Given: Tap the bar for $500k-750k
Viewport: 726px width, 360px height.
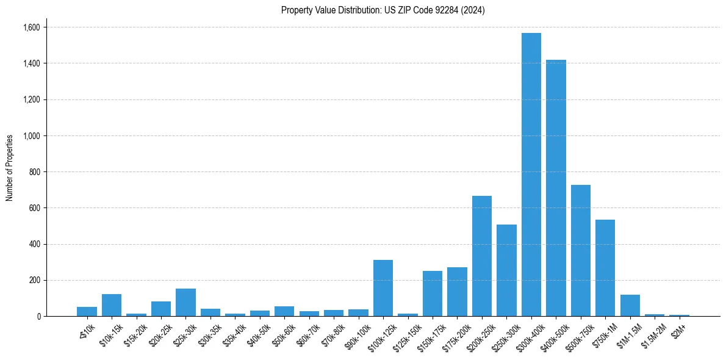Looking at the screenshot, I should point(580,250).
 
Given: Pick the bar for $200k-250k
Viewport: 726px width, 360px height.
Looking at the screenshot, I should point(482,256).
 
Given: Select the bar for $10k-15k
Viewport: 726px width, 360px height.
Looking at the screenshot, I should point(112,305).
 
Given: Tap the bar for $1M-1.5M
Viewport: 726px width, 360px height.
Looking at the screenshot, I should point(630,305).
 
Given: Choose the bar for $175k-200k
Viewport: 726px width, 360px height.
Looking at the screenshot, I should point(457,292).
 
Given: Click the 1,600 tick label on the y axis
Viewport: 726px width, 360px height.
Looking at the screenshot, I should point(31,27).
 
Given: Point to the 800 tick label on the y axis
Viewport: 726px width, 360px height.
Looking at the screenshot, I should point(35,172).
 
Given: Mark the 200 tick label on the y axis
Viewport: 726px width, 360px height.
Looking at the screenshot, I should point(35,281).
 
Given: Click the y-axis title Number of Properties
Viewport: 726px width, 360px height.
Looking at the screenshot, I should point(10,168).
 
